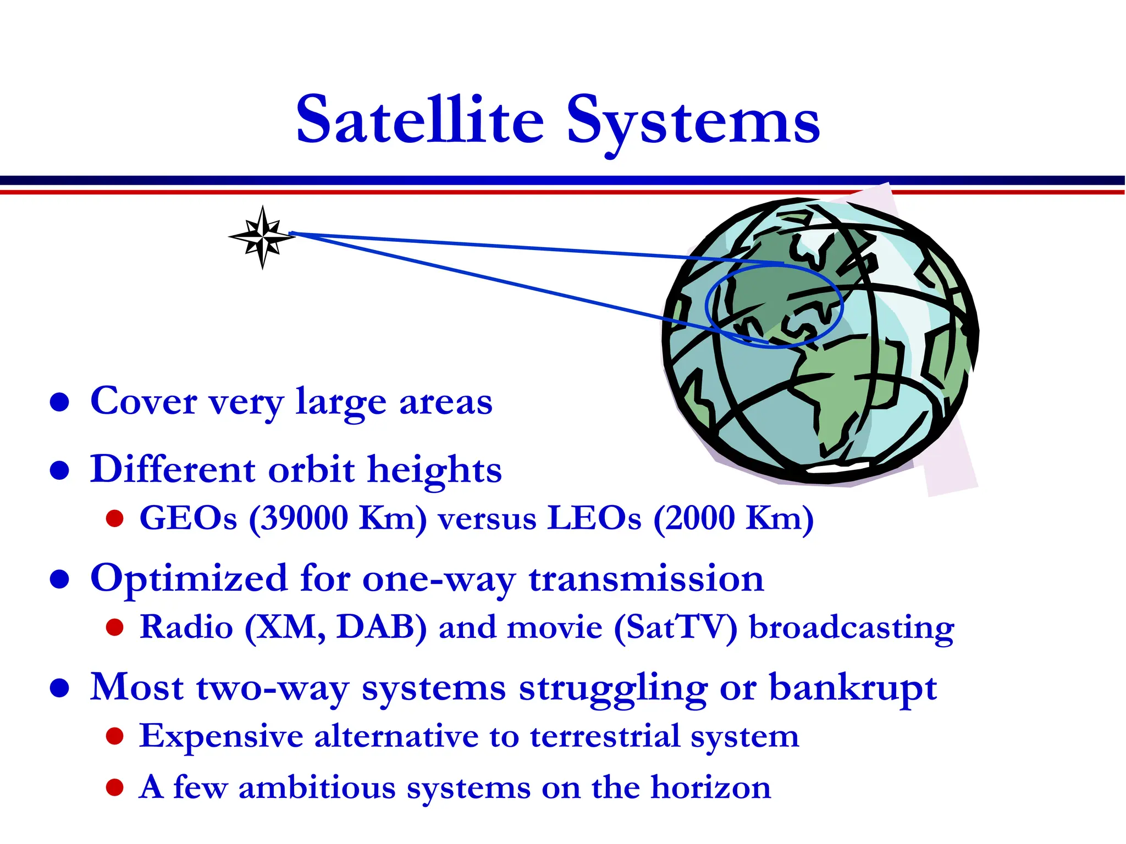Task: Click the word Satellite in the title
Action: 420,120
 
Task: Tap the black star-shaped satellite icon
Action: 262,237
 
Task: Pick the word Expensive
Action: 221,737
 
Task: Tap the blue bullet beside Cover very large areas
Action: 59,402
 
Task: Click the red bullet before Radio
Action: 114,628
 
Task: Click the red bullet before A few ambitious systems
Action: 114,788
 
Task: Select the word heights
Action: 434,471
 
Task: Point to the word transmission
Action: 646,579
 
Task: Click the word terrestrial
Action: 605,736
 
